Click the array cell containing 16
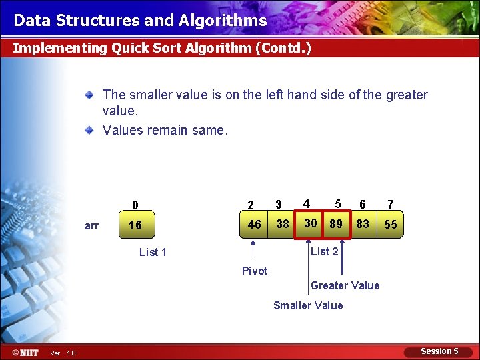coord(135,225)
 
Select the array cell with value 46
coord(254,224)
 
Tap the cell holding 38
coord(283,224)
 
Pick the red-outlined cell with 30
coord(310,223)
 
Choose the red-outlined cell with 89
coord(336,223)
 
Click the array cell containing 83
coord(363,224)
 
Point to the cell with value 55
coord(391,225)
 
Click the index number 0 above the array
coord(135,205)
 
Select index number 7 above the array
coord(391,204)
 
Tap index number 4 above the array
coord(306,203)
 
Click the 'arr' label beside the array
coord(92,226)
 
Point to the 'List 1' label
coord(153,252)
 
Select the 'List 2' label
coord(325,251)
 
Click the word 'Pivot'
coord(255,271)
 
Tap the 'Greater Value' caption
coord(345,285)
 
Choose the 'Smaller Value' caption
coord(308,305)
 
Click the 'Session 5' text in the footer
coord(439,351)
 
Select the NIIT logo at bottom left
coord(25,352)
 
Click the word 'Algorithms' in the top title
coord(223,21)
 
